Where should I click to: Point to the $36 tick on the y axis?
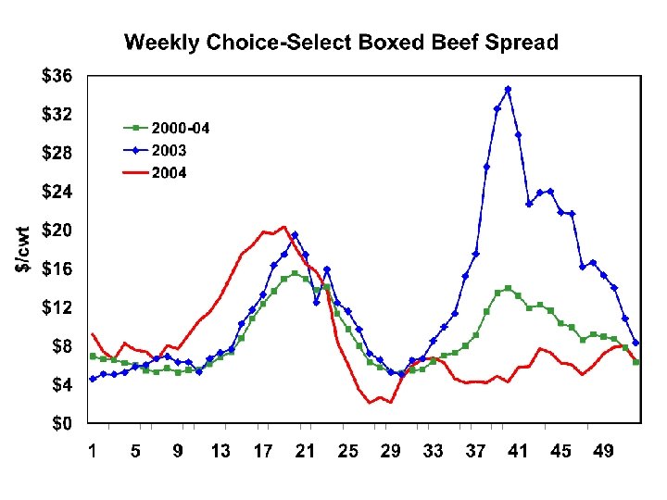click(x=58, y=77)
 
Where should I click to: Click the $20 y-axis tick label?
click(x=58, y=231)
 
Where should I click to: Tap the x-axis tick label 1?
click(x=93, y=451)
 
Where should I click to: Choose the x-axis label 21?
click(x=305, y=451)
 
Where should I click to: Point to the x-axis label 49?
click(x=603, y=451)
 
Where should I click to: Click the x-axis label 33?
click(x=433, y=451)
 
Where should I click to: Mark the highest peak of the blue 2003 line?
click(x=508, y=90)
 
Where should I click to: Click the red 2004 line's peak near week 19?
click(x=283, y=227)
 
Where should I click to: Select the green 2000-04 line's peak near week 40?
click(x=508, y=288)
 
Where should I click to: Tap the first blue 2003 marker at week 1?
click(x=93, y=379)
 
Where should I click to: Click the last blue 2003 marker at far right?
click(x=636, y=344)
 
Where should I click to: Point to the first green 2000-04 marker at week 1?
click(x=93, y=356)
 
